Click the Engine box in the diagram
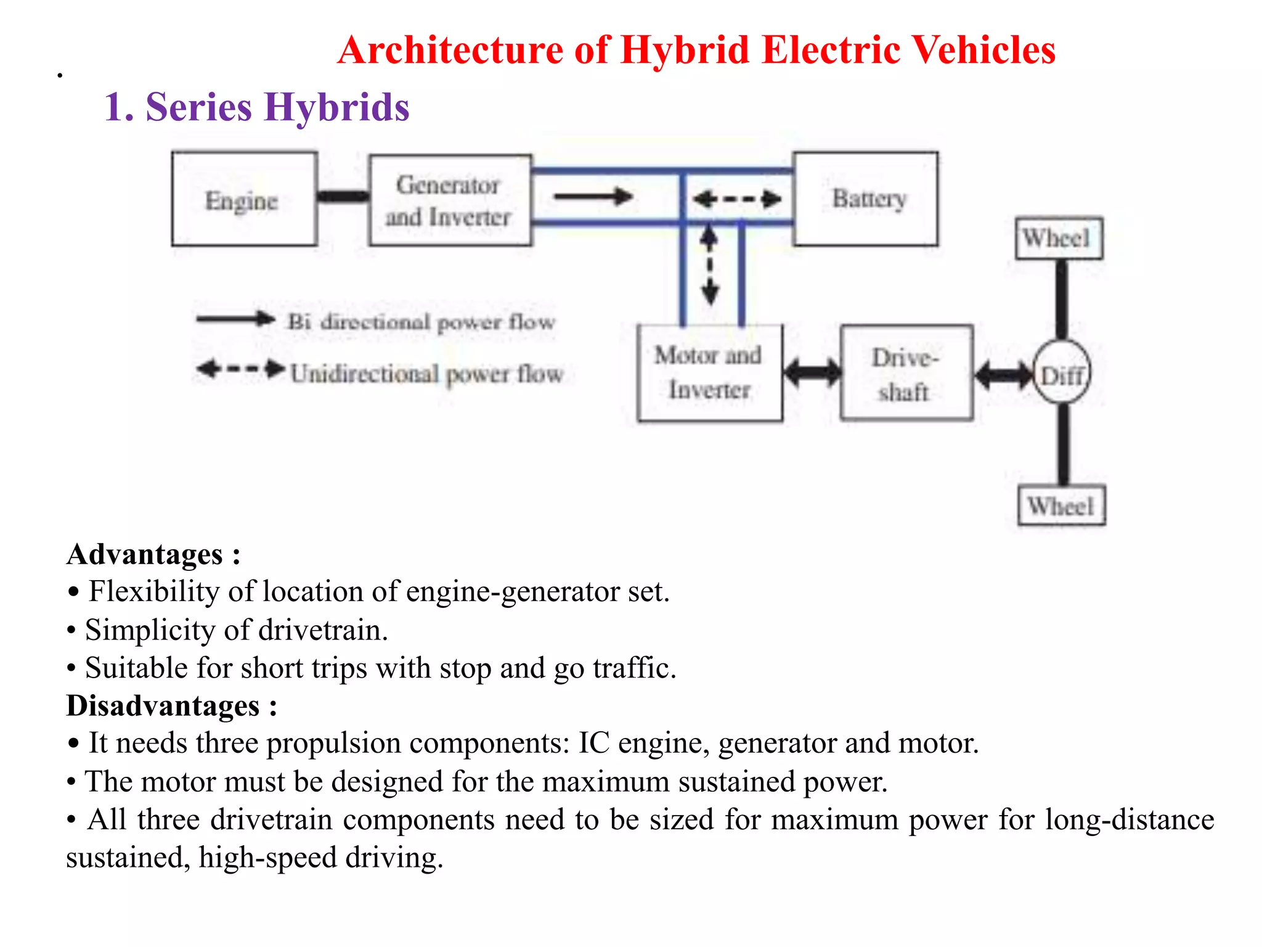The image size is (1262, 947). pyautogui.click(x=244, y=199)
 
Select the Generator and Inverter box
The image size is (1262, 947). pyautogui.click(x=450, y=200)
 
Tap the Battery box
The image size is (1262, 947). pyautogui.click(x=866, y=199)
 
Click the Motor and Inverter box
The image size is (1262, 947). pyautogui.click(x=710, y=373)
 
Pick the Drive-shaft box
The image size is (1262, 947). pyautogui.click(x=906, y=373)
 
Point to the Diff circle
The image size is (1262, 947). pyautogui.click(x=1062, y=373)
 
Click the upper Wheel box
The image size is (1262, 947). pyautogui.click(x=1059, y=238)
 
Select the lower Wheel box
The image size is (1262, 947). pyautogui.click(x=1061, y=506)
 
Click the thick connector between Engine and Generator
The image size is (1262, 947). pyautogui.click(x=343, y=197)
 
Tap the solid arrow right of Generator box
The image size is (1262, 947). pyautogui.click(x=593, y=197)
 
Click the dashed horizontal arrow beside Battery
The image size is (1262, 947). pyautogui.click(x=737, y=199)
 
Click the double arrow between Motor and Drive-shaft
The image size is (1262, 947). pyautogui.click(x=812, y=372)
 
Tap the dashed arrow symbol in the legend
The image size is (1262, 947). pyautogui.click(x=240, y=369)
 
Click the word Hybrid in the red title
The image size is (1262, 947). pyautogui.click(x=685, y=50)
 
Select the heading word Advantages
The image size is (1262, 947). pyautogui.click(x=145, y=554)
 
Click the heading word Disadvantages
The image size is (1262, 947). pyautogui.click(x=163, y=705)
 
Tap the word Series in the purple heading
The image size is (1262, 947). pyautogui.click(x=198, y=107)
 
